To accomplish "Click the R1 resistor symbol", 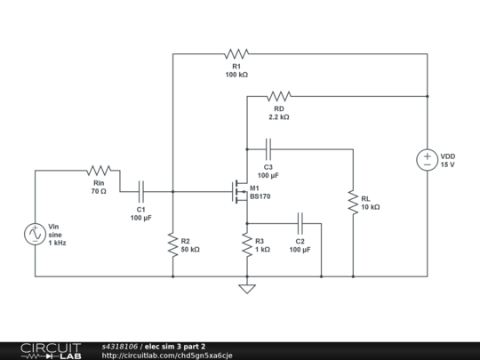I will [x=236, y=54].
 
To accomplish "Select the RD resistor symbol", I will [x=279, y=95].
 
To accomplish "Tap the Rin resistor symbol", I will [x=99, y=170].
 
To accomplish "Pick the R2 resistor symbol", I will [x=172, y=244].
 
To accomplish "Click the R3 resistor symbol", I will [x=247, y=244].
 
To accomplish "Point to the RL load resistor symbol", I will [x=354, y=201].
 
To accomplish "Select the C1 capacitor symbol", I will [x=141, y=190].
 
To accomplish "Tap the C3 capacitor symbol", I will [x=268, y=148].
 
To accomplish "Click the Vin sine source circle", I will [x=34, y=234].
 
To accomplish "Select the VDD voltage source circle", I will [x=428, y=160].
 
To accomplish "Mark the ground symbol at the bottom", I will [x=247, y=287].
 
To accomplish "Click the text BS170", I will [x=262, y=197].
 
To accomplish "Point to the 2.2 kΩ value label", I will [x=279, y=116].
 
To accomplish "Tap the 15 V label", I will [x=448, y=165].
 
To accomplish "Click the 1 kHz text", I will [x=57, y=243].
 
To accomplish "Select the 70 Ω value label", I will [x=98, y=191].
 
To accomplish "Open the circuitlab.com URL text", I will [x=167, y=356].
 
